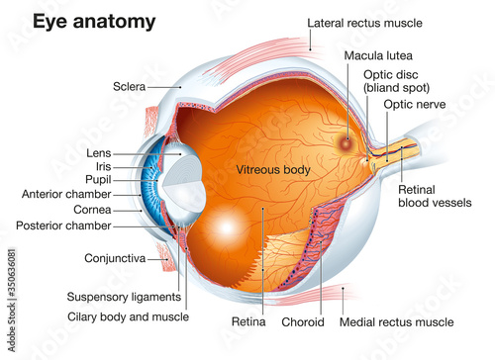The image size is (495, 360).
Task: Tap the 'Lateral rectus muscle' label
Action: coord(365,22)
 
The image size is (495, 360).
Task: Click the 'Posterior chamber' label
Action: coord(67,225)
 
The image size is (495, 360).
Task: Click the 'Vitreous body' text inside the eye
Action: coord(273,170)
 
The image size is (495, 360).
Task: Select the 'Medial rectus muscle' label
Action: coord(397,321)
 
